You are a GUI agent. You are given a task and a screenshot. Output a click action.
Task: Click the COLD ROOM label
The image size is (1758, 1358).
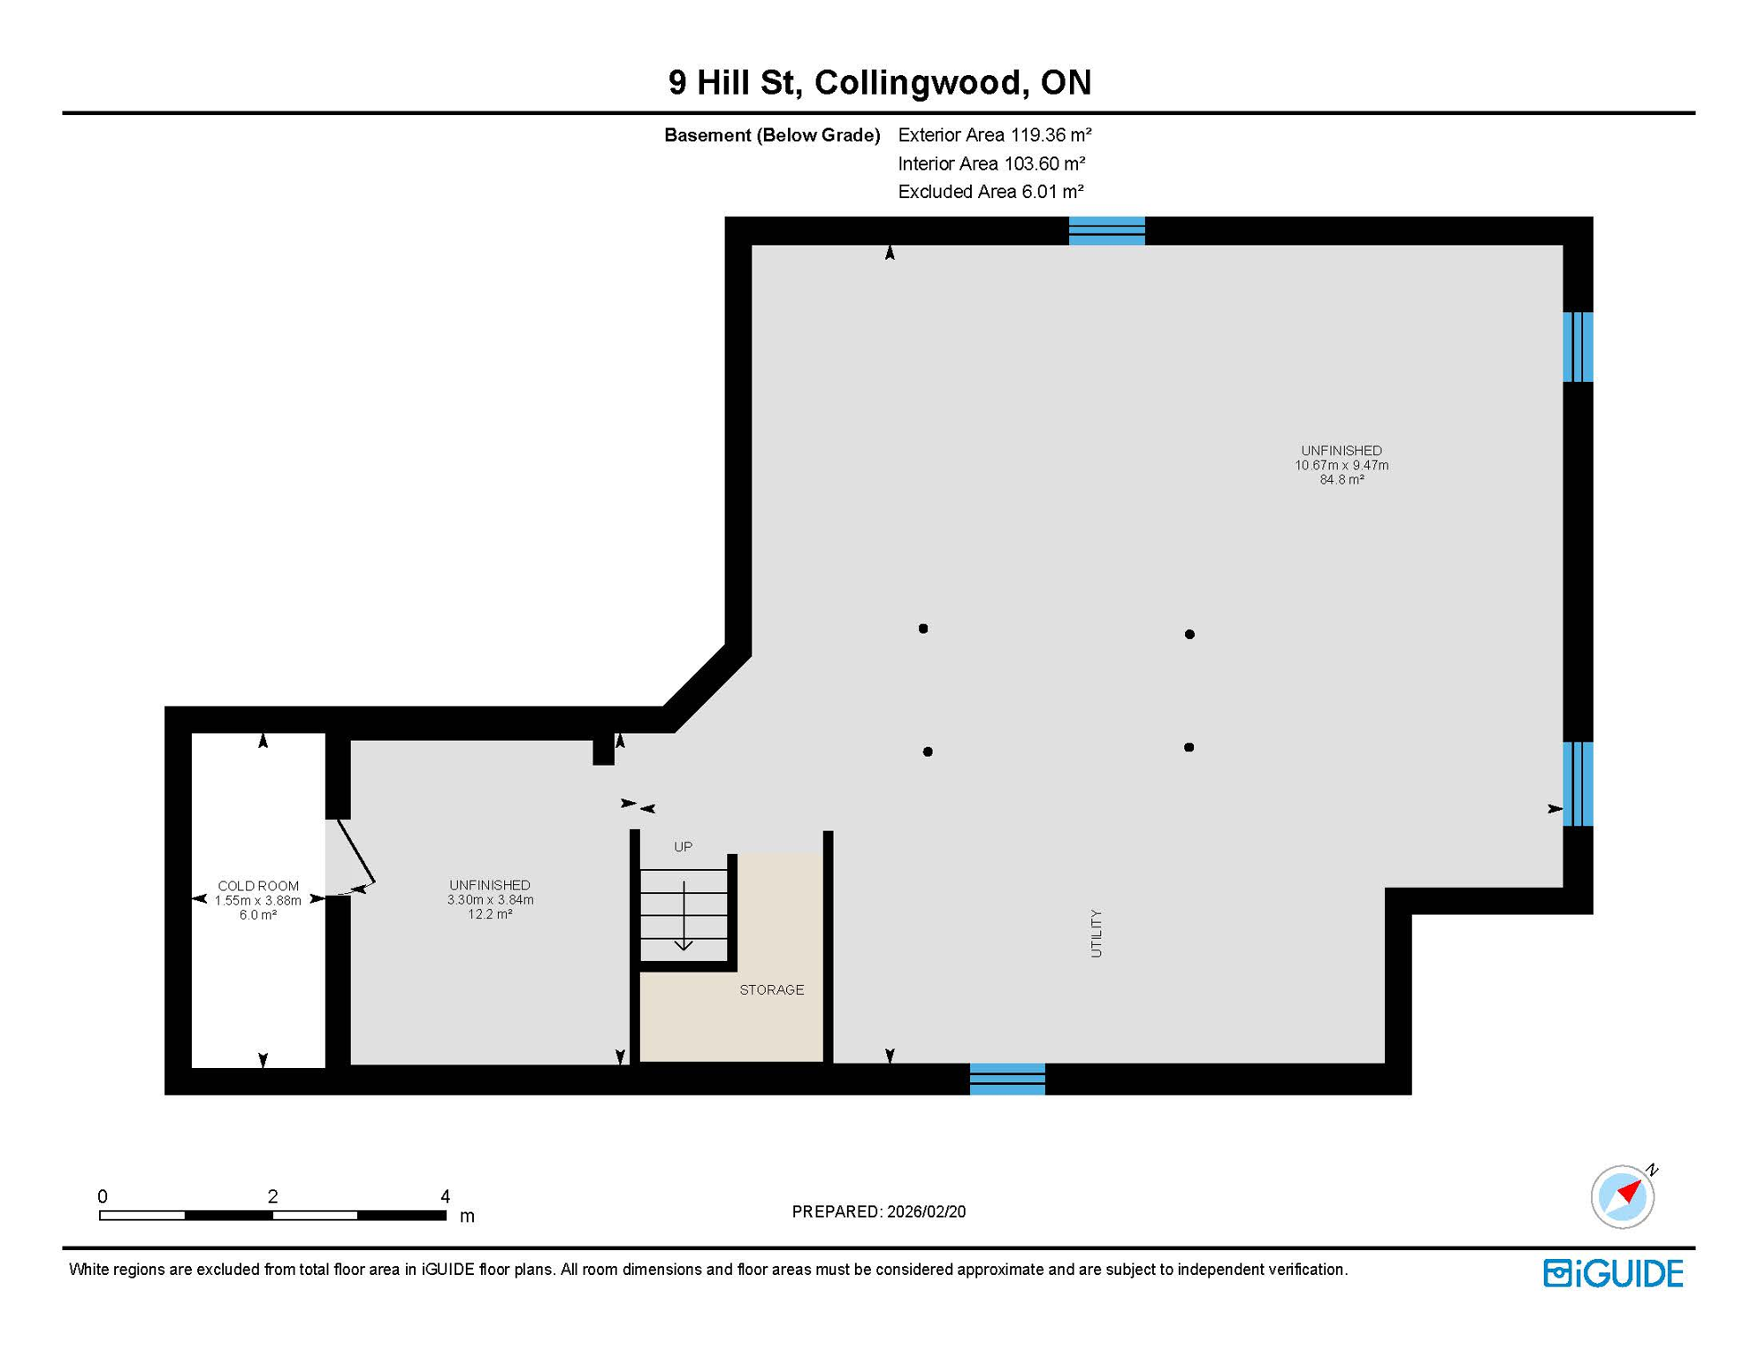(258, 886)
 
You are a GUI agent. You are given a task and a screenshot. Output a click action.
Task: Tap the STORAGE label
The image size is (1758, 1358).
(771, 990)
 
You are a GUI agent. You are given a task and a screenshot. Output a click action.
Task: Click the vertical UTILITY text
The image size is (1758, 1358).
(1096, 934)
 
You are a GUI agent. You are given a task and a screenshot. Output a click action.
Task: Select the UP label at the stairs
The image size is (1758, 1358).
(683, 847)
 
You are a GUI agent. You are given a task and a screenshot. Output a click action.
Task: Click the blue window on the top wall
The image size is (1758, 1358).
(1106, 231)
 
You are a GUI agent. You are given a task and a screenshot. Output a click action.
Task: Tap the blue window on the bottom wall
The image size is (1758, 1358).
(1007, 1079)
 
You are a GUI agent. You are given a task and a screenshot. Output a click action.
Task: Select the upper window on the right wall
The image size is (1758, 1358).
(1578, 347)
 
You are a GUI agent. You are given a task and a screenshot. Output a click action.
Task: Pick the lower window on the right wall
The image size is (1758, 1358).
(1578, 783)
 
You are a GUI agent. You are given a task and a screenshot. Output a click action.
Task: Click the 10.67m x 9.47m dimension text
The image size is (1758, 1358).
(1341, 465)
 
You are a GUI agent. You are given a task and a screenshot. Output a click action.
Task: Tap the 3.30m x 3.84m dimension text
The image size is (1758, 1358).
(490, 900)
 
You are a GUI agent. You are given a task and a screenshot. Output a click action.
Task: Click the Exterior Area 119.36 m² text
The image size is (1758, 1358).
(994, 135)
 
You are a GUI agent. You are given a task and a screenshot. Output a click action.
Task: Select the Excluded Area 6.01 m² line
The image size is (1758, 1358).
(990, 192)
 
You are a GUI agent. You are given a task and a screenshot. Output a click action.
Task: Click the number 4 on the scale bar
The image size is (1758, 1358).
(445, 1196)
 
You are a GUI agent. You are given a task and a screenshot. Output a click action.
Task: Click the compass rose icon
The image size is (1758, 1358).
(1622, 1197)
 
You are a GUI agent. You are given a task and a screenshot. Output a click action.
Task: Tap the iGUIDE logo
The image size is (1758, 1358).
(1613, 1273)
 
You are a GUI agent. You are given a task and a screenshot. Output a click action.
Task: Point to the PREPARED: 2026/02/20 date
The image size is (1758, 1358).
(878, 1212)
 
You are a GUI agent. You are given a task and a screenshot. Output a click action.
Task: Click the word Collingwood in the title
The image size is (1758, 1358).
(921, 82)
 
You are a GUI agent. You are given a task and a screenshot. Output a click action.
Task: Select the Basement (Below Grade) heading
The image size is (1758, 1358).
(772, 135)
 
